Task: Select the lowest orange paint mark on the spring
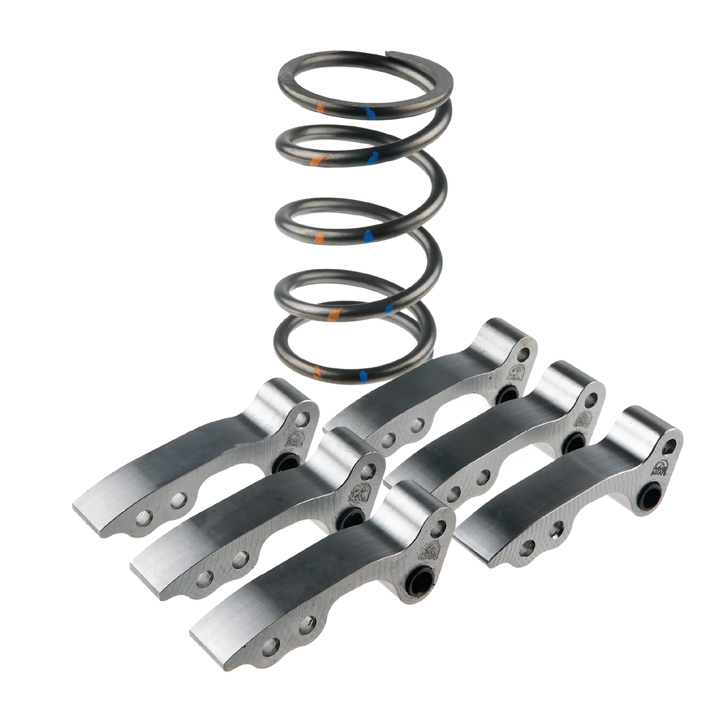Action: (x=317, y=372)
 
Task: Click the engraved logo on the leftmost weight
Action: (x=294, y=438)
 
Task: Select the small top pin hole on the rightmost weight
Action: (x=673, y=443)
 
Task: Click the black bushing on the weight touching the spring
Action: (x=507, y=395)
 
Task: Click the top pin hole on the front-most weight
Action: (x=439, y=525)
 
